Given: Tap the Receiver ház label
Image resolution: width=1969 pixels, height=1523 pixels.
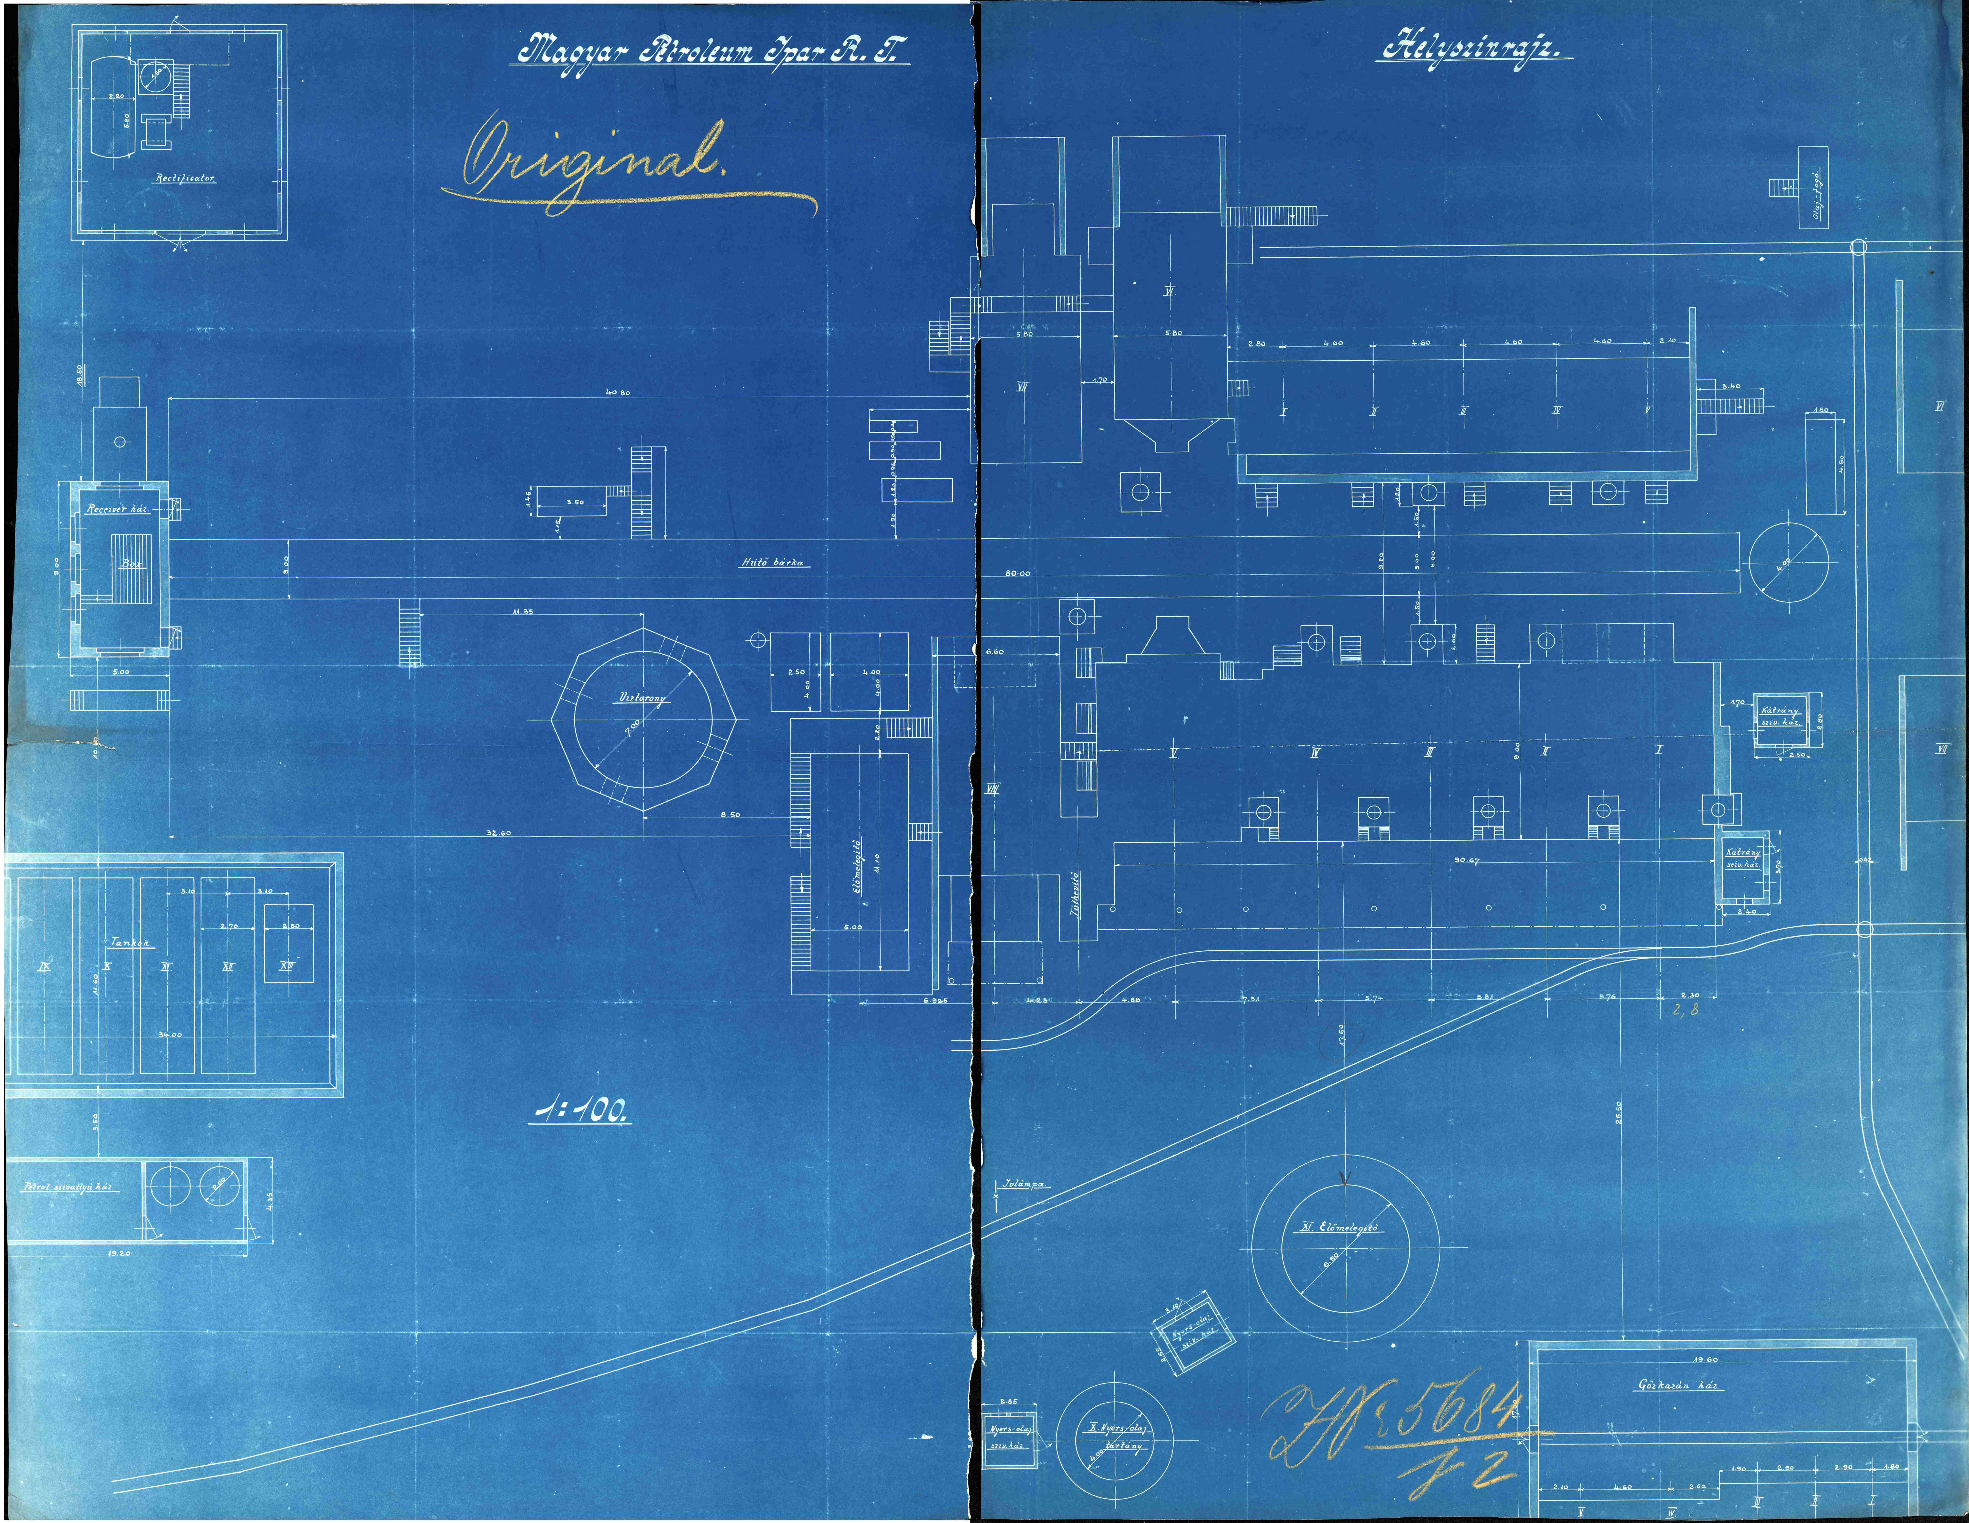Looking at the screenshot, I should [x=117, y=509].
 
